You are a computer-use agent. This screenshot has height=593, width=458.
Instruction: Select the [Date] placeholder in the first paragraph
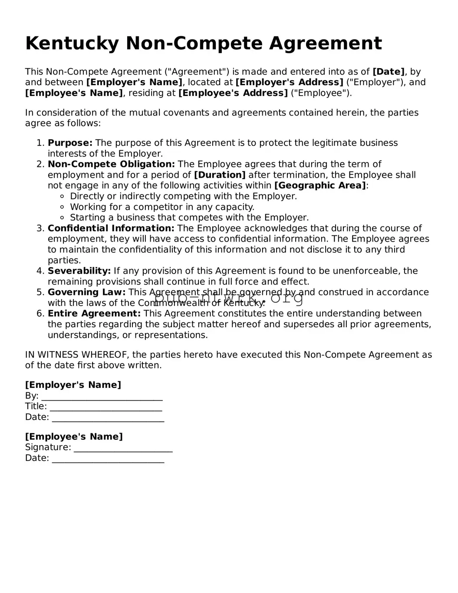click(x=389, y=72)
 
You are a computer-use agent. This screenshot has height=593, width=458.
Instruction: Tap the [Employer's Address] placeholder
click(x=289, y=82)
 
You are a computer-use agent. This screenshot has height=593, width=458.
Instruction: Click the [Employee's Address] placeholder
click(x=233, y=93)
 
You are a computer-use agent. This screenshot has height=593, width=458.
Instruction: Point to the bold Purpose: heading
click(x=70, y=143)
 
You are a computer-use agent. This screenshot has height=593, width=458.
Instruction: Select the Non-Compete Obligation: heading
click(x=111, y=164)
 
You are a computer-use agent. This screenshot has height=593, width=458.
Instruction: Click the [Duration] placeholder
click(x=220, y=175)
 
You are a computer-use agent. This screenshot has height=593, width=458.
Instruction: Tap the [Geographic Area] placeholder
click(x=320, y=186)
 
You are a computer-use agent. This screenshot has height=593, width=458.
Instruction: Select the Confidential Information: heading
click(x=111, y=228)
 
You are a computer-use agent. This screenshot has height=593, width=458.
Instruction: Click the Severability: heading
click(x=79, y=271)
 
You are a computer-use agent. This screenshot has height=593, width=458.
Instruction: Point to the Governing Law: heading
click(x=86, y=292)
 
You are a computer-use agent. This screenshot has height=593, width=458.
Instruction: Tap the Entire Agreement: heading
click(x=94, y=314)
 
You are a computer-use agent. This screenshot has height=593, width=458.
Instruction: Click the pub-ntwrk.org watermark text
click(x=229, y=298)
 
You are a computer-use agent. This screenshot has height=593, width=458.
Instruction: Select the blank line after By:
click(x=102, y=397)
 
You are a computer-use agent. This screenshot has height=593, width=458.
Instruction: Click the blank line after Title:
click(x=106, y=407)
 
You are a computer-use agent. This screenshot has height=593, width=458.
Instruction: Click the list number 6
click(x=40, y=314)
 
